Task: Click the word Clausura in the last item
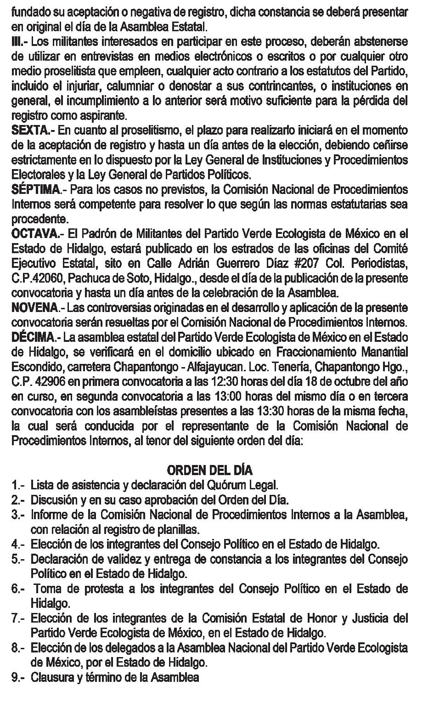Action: point(50,677)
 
